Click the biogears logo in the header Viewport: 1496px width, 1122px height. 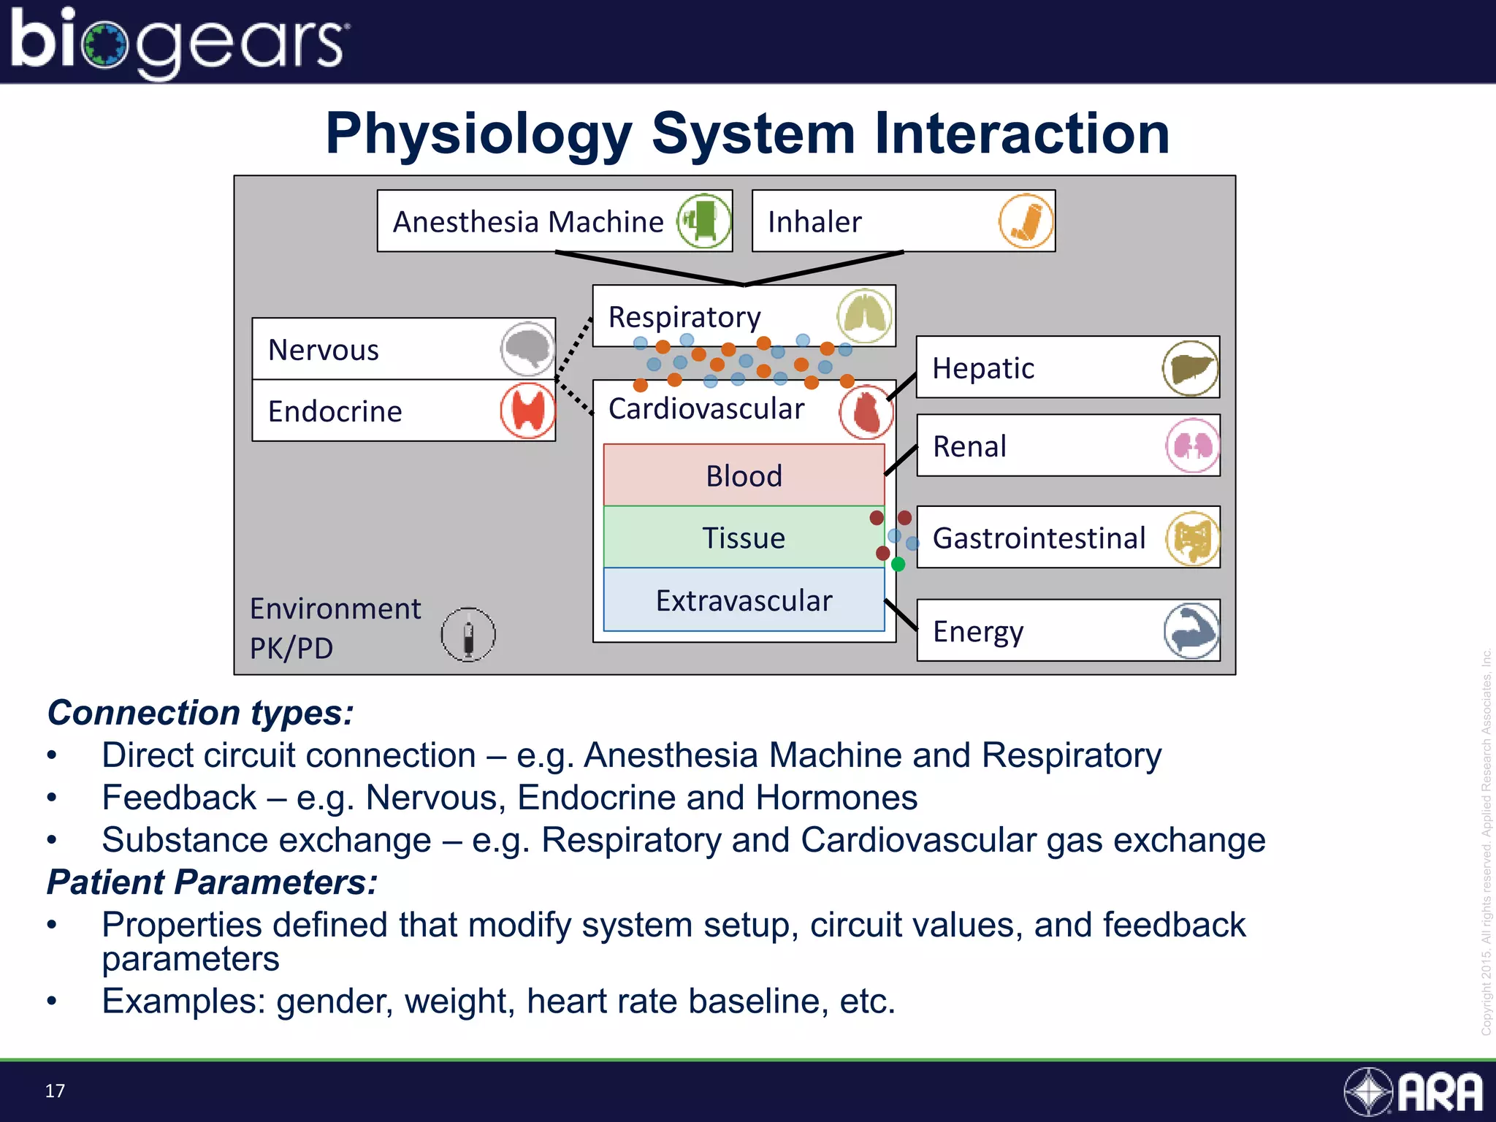[179, 42]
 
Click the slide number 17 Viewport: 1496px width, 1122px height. [55, 1091]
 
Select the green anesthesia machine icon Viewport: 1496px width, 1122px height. [704, 221]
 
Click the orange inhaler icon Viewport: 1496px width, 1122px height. [1026, 221]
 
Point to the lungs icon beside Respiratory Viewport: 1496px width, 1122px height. [865, 316]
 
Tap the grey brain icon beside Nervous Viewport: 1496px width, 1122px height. [527, 349]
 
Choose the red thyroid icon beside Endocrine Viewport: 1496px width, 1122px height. [527, 411]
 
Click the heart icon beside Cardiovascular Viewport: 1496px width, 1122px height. [866, 413]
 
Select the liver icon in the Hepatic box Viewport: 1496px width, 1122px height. [1190, 368]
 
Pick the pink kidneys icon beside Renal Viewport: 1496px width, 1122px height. [1192, 446]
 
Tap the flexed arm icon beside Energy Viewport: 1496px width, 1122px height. [1191, 631]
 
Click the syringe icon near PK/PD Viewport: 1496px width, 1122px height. [468, 635]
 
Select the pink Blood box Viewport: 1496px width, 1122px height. [744, 476]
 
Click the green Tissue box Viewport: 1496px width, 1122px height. [744, 538]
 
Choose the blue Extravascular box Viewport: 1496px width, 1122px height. [744, 600]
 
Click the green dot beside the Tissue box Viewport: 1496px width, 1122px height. [898, 564]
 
